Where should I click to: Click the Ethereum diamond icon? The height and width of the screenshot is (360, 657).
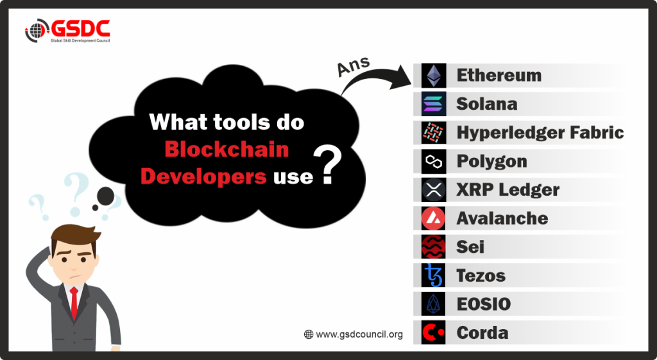point(434,76)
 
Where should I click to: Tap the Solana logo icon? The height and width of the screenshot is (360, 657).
point(434,104)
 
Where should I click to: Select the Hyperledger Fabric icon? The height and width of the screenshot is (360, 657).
point(434,132)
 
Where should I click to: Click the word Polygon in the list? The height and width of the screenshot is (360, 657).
point(491,161)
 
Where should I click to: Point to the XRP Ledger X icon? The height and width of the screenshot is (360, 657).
point(434,190)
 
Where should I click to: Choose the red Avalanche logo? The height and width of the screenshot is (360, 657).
point(434,218)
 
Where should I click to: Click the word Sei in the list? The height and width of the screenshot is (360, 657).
point(470,247)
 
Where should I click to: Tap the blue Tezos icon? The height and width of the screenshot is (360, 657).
point(434,275)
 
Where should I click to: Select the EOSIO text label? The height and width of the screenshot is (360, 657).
point(484,304)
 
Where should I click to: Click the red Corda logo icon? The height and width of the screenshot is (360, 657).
point(434,333)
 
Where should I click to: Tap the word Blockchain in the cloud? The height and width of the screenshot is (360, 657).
point(226,150)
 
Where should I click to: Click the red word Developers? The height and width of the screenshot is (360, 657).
point(203,176)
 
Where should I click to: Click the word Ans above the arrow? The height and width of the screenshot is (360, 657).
point(354,66)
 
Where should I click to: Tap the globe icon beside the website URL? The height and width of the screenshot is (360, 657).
point(309,334)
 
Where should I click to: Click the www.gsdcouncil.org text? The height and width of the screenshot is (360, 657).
point(359,334)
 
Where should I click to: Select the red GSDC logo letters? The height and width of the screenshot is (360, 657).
point(80,28)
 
